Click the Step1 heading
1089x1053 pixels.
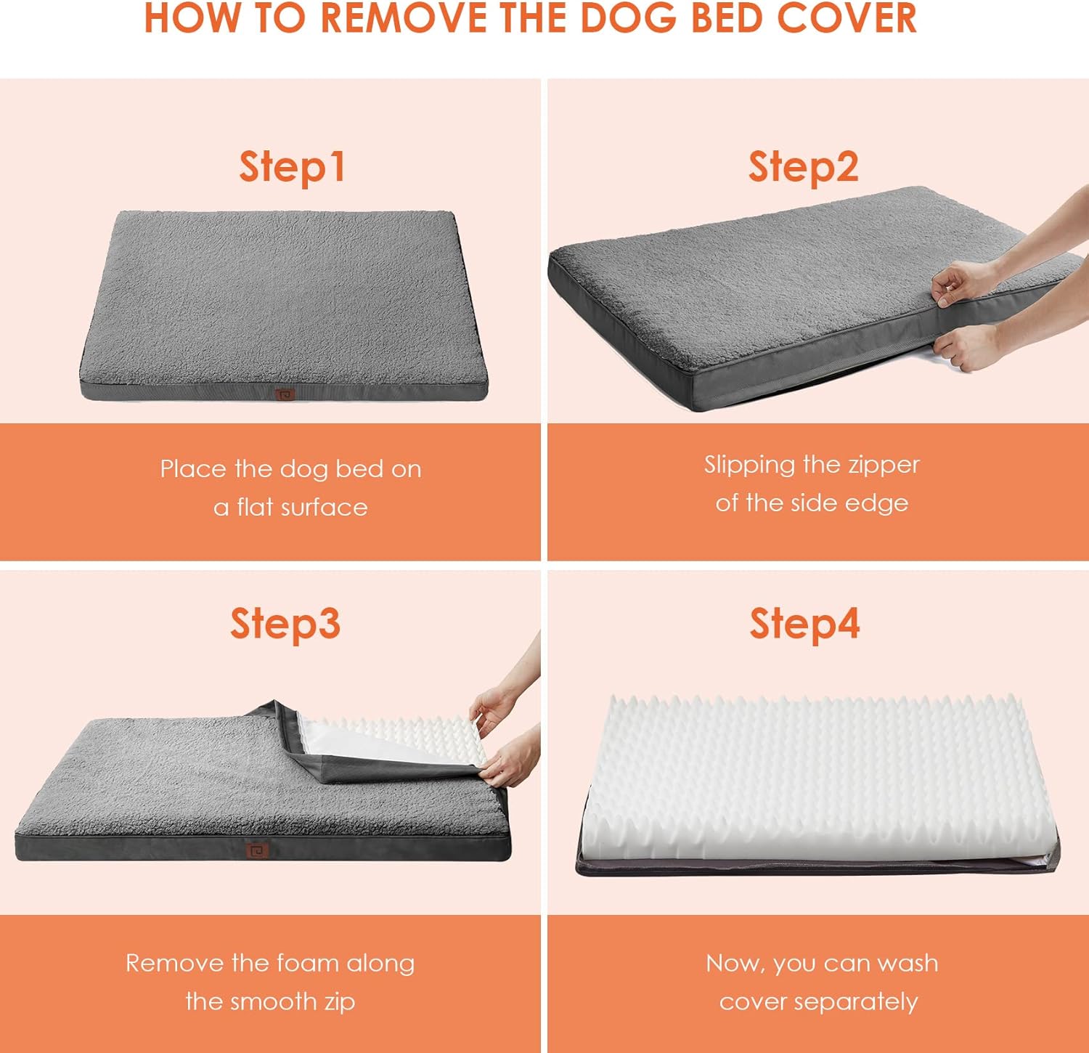[292, 167]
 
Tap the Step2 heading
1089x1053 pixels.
[804, 167]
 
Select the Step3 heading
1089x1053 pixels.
[285, 624]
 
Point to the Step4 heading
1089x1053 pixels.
[804, 624]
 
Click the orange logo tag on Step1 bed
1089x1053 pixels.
[285, 394]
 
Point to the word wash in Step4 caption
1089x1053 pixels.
[907, 963]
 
